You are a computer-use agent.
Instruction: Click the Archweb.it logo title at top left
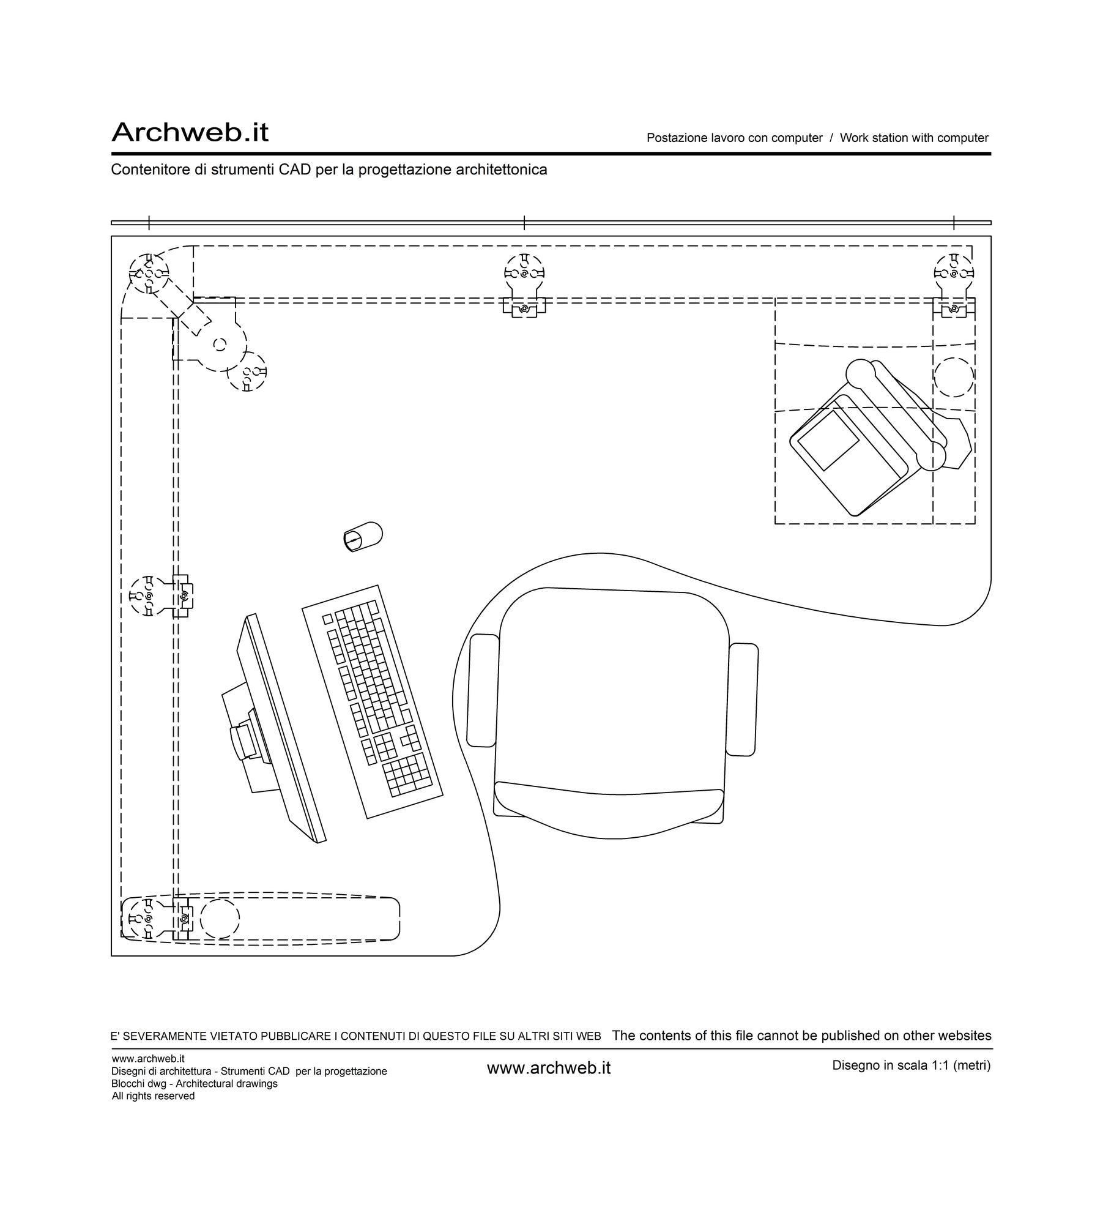[x=190, y=132]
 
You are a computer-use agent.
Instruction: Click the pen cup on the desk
[x=363, y=536]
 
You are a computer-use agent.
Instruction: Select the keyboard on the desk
[x=373, y=702]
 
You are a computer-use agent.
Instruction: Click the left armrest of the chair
[x=483, y=690]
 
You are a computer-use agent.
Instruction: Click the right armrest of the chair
[x=742, y=700]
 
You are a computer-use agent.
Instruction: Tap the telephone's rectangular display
[x=828, y=440]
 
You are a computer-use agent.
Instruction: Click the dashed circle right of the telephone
[x=954, y=377]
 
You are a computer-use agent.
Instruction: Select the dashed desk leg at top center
[x=524, y=285]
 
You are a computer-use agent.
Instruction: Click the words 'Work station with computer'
[x=914, y=138]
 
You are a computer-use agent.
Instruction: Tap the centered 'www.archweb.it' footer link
[x=549, y=1068]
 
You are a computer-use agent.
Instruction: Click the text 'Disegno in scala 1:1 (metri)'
[x=911, y=1065]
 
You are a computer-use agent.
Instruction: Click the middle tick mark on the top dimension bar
[x=524, y=223]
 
